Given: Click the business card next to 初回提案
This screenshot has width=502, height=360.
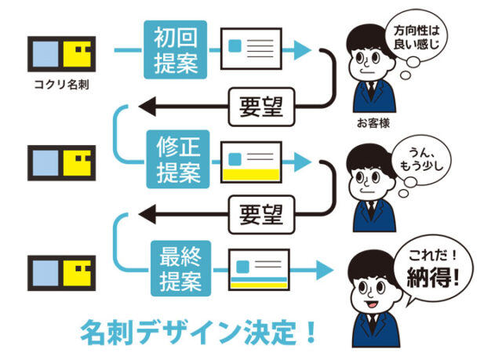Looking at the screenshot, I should click(250, 49).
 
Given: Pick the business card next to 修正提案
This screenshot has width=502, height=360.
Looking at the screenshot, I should click(251, 160).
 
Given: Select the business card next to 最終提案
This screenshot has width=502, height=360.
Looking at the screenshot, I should click(259, 270).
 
